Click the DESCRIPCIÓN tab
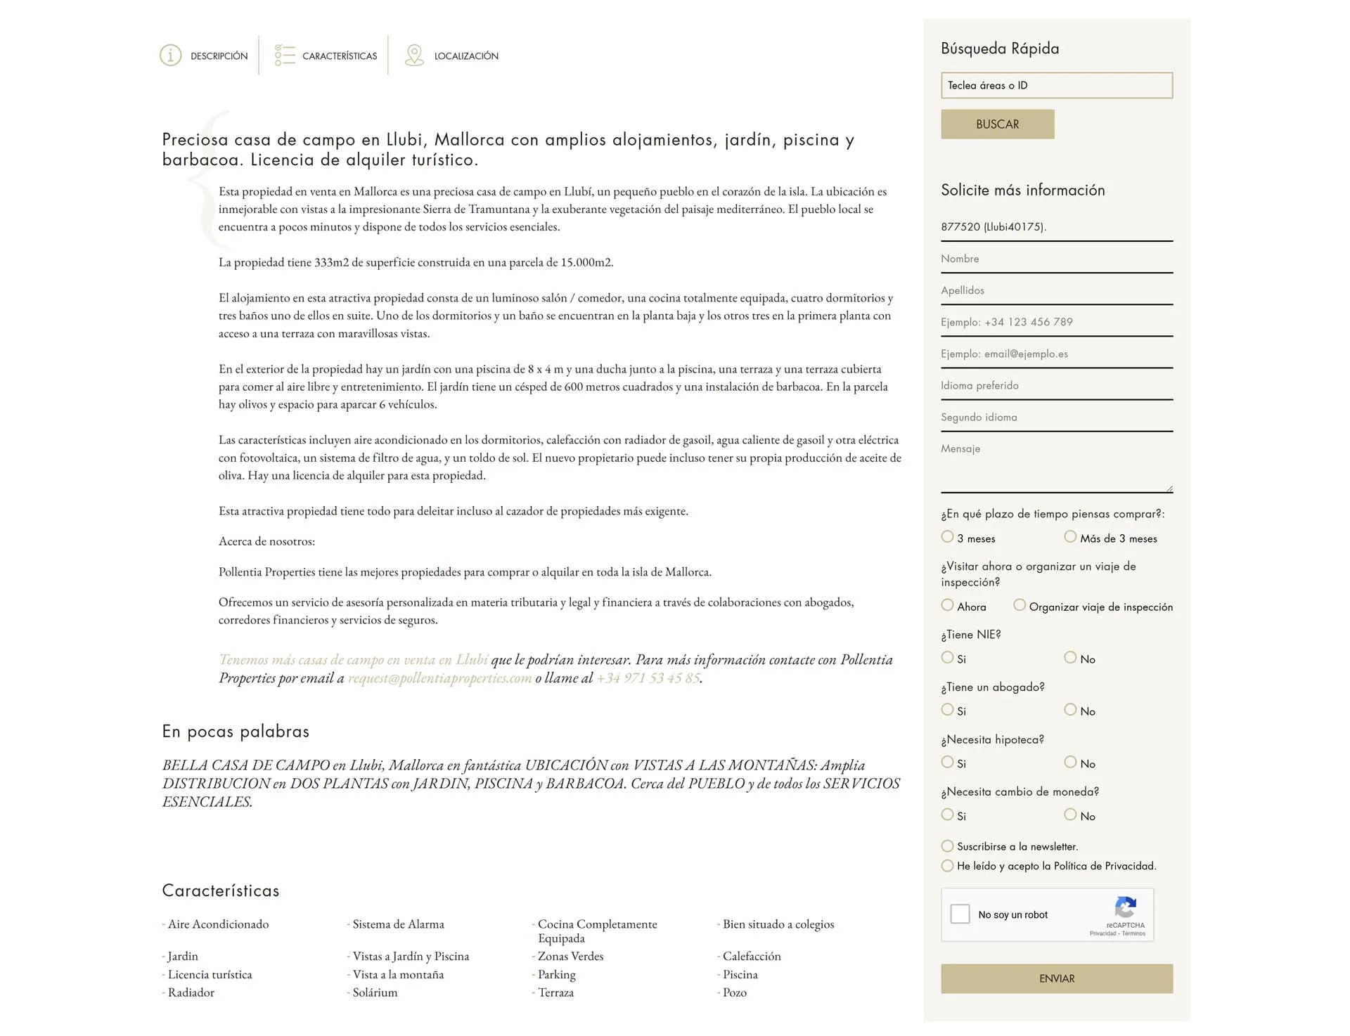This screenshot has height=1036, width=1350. coord(218,56)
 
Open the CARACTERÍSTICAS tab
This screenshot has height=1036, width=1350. coord(339,56)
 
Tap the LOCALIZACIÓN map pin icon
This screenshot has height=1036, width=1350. coord(414,56)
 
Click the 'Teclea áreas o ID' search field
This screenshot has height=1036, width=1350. coord(1056,86)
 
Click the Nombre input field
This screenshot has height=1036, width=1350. coord(1056,259)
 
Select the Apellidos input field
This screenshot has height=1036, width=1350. coord(1056,291)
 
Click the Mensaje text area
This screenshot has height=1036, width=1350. coord(1056,467)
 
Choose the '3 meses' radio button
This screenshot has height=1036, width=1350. coord(948,537)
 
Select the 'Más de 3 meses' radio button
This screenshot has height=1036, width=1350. coord(1070,537)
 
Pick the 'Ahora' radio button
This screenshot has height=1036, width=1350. coord(948,605)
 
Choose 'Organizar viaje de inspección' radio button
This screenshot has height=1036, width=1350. coord(1020,605)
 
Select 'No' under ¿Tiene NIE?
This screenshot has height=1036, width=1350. coord(1070,658)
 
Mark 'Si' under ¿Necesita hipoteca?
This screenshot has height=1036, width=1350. coord(948,763)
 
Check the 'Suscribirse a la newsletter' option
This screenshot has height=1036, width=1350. coord(948,846)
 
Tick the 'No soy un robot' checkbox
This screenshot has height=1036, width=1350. coord(960,914)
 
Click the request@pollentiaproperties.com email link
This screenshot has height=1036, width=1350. coord(439,678)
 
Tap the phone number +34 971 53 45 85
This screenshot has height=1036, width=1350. coord(648,678)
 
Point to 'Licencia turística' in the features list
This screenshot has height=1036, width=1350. coord(210,975)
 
